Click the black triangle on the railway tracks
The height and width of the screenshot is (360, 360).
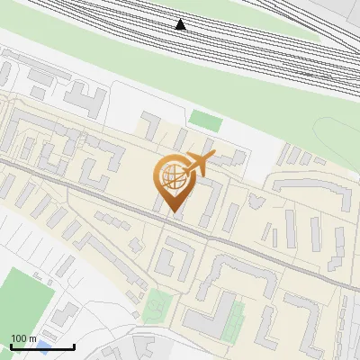coord(181,24)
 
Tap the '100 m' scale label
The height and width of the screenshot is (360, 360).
coord(23,338)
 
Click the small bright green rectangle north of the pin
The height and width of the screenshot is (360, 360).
coord(206,120)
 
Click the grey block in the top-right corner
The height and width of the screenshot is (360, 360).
coord(346,11)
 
